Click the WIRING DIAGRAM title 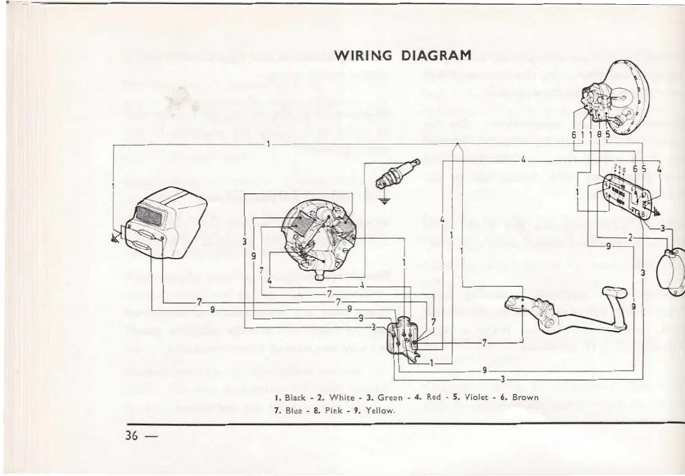(x=402, y=55)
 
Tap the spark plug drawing (x=398, y=174)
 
